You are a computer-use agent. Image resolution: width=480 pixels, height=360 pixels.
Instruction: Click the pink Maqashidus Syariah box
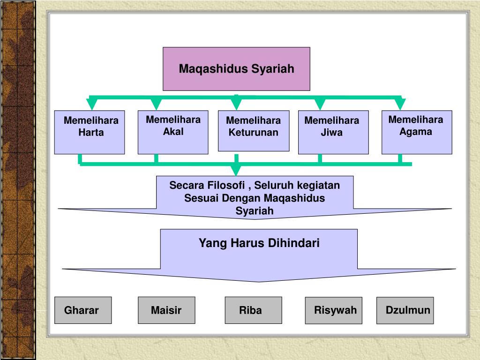(x=236, y=68)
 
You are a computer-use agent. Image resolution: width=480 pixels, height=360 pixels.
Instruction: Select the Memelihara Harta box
(x=90, y=132)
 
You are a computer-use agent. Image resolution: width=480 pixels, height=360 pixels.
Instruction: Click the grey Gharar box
(x=83, y=310)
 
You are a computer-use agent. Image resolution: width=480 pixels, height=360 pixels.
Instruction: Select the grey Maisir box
(x=166, y=310)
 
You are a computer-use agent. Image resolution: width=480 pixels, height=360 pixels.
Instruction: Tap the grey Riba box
(x=253, y=310)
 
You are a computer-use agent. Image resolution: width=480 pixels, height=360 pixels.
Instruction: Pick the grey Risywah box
(x=334, y=310)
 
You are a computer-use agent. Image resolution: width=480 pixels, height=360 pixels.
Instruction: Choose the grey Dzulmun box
(x=405, y=310)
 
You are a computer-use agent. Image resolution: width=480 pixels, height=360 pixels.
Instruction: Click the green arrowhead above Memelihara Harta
(x=92, y=104)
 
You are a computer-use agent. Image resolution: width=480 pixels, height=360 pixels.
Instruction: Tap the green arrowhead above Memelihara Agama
(x=400, y=104)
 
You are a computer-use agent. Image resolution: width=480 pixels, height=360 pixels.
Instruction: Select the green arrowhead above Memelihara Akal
(x=156, y=104)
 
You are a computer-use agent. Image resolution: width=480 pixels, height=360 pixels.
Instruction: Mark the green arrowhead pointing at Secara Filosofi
(x=237, y=170)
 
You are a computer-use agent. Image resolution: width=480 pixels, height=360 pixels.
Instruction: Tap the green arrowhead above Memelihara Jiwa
(x=320, y=104)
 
